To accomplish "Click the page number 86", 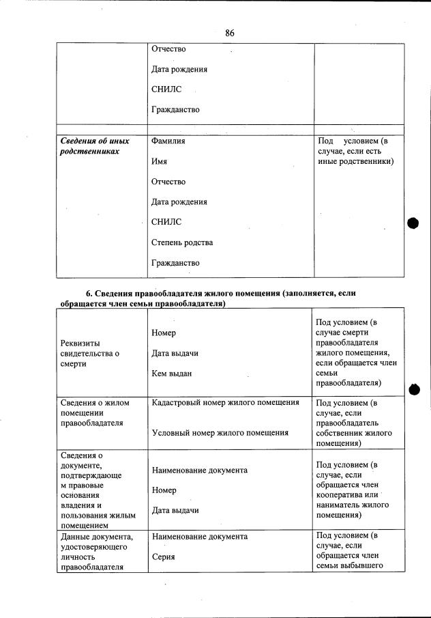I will tap(230, 33).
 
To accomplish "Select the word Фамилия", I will tap(168, 141).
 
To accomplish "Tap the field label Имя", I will tap(159, 162).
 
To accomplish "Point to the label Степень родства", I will tap(182, 242).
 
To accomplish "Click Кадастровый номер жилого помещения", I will tap(225, 403).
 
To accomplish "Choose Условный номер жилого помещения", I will tap(220, 432).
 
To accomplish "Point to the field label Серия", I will tap(163, 557).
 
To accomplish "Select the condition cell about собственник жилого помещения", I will tap(354, 423).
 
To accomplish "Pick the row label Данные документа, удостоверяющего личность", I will tap(96, 552).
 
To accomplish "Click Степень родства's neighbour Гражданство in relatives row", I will tap(175, 263).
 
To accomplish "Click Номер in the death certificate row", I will tap(164, 333).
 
